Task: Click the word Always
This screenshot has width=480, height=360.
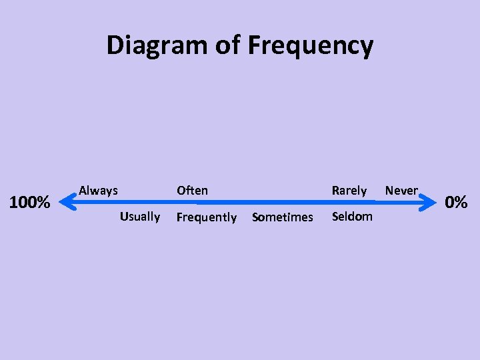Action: (x=98, y=191)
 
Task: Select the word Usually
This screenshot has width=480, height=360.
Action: (x=140, y=217)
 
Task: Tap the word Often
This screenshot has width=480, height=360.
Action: (x=192, y=191)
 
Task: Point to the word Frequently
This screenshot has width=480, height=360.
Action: (x=206, y=217)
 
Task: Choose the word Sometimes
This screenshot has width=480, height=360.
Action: (x=283, y=217)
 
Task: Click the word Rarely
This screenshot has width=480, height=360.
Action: (x=349, y=191)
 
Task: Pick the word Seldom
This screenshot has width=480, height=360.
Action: (x=352, y=217)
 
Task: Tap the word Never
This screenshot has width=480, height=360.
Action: (x=401, y=191)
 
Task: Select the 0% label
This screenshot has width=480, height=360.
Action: (x=456, y=201)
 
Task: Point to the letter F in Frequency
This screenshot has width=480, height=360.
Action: (x=255, y=45)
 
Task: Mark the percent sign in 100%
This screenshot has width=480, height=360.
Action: (x=43, y=202)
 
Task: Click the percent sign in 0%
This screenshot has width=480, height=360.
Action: (x=461, y=201)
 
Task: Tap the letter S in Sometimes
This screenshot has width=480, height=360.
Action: (x=255, y=217)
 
